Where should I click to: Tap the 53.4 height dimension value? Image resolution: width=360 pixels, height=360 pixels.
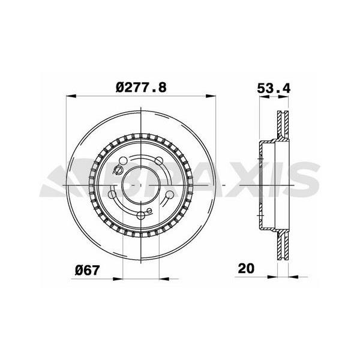(x=274, y=88)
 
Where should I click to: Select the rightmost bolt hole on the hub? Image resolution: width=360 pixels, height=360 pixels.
(x=170, y=196)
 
